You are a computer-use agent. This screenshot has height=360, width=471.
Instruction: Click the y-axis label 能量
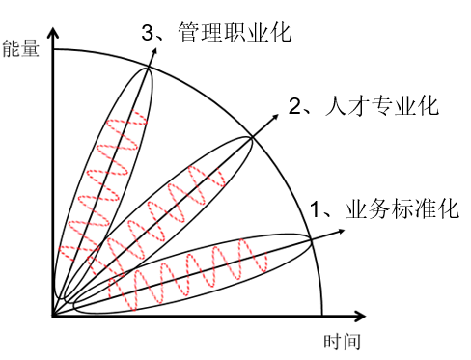(x=21, y=48)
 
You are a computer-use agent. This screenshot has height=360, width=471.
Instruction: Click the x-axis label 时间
(x=343, y=341)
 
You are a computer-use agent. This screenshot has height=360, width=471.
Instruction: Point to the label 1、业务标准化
(x=383, y=208)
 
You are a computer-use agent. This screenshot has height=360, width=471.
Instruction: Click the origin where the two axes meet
(x=53, y=315)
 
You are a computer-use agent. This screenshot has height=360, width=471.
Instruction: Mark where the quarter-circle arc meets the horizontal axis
(x=321, y=315)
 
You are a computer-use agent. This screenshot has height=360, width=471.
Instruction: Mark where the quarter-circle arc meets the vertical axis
(x=53, y=48)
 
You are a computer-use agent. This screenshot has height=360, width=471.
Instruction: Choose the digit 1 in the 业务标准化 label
(x=316, y=208)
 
